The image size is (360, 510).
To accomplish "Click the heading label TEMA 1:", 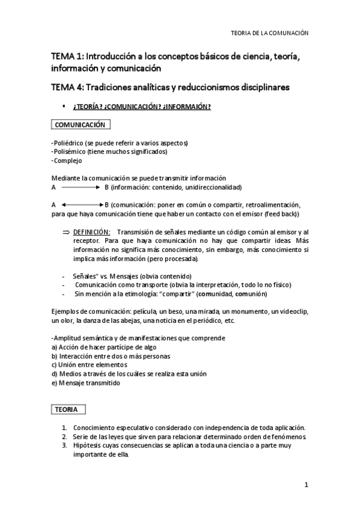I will tap(69, 57).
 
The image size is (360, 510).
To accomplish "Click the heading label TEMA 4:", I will tap(69, 87).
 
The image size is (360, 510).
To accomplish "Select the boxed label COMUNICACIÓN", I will tap(80, 125).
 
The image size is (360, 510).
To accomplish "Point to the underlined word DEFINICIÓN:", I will tap(91, 232).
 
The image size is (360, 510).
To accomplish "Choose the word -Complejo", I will tap(66, 161).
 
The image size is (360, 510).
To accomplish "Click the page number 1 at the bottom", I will tap(306, 485).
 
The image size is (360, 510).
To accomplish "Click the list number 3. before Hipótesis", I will tap(64, 445).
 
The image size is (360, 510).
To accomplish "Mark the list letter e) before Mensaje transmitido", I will tap(54, 383).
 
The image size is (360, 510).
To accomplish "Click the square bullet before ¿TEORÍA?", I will tap(64, 106).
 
